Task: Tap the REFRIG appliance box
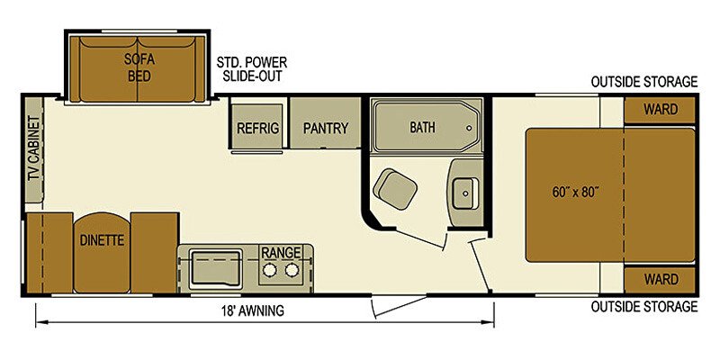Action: (257, 128)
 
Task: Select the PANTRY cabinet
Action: (325, 128)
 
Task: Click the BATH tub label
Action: (422, 127)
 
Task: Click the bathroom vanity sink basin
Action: (464, 192)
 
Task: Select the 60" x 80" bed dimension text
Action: (575, 192)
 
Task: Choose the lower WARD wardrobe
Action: (661, 278)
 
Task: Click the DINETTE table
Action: (103, 240)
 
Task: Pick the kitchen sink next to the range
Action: (216, 266)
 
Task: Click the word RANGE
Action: (280, 252)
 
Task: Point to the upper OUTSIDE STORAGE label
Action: (643, 82)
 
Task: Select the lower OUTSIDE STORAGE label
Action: (643, 307)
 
